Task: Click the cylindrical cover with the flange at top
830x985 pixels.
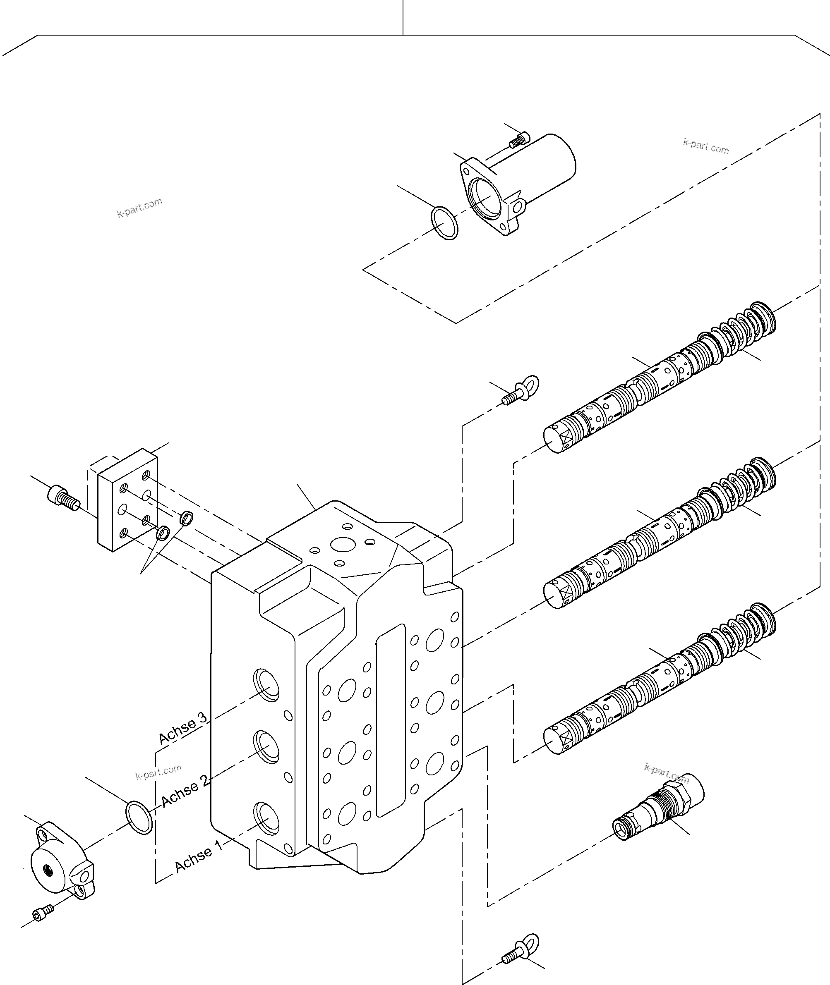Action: [x=518, y=183]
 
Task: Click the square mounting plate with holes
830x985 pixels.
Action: [x=127, y=500]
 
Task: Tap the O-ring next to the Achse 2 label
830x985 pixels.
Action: [x=139, y=817]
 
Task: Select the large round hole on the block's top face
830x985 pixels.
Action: [x=344, y=545]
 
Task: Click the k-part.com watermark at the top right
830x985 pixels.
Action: [x=706, y=147]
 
